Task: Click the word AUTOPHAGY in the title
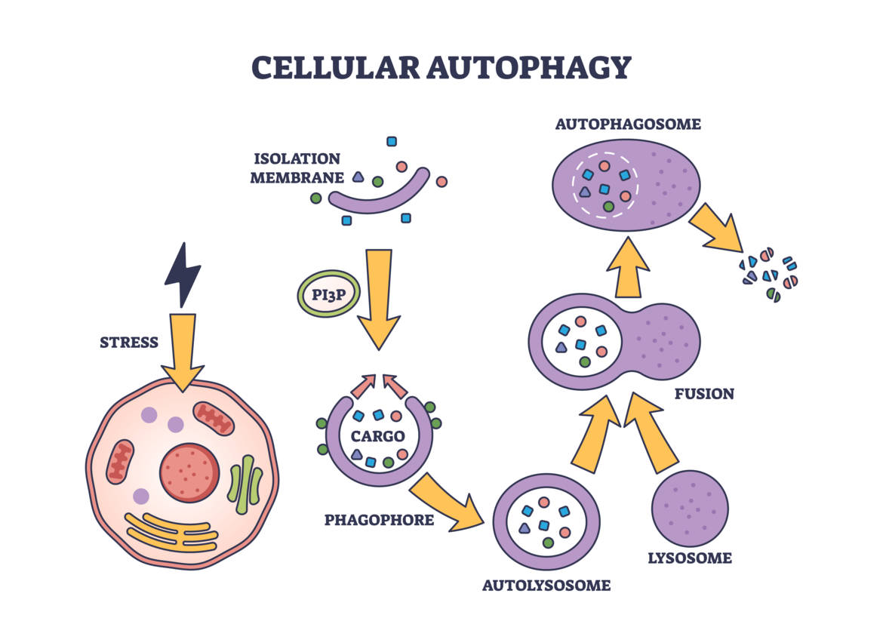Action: [x=528, y=67]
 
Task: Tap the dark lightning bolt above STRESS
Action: [x=183, y=274]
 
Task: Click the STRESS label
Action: [x=129, y=343]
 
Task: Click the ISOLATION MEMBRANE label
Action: [x=297, y=168]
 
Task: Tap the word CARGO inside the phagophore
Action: [x=377, y=435]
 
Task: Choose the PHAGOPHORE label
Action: [x=379, y=520]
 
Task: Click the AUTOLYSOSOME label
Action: [x=547, y=585]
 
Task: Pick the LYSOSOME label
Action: [x=690, y=558]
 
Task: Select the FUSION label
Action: [x=704, y=394]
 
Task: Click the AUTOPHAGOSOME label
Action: [x=628, y=124]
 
